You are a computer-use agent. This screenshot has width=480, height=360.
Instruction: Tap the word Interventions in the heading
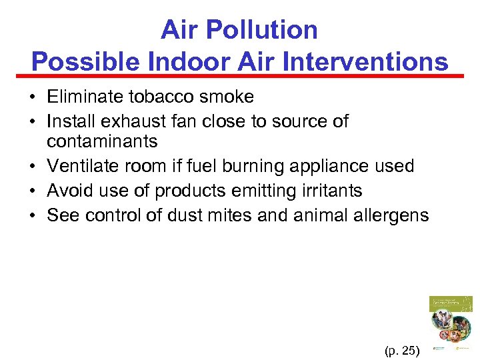pyautogui.click(x=366, y=62)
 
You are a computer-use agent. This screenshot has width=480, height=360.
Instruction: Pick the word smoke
pyautogui.click(x=226, y=97)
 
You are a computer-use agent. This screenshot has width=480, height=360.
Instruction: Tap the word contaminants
pyautogui.click(x=102, y=141)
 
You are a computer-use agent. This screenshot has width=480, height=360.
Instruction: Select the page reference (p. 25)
pyautogui.click(x=402, y=349)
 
